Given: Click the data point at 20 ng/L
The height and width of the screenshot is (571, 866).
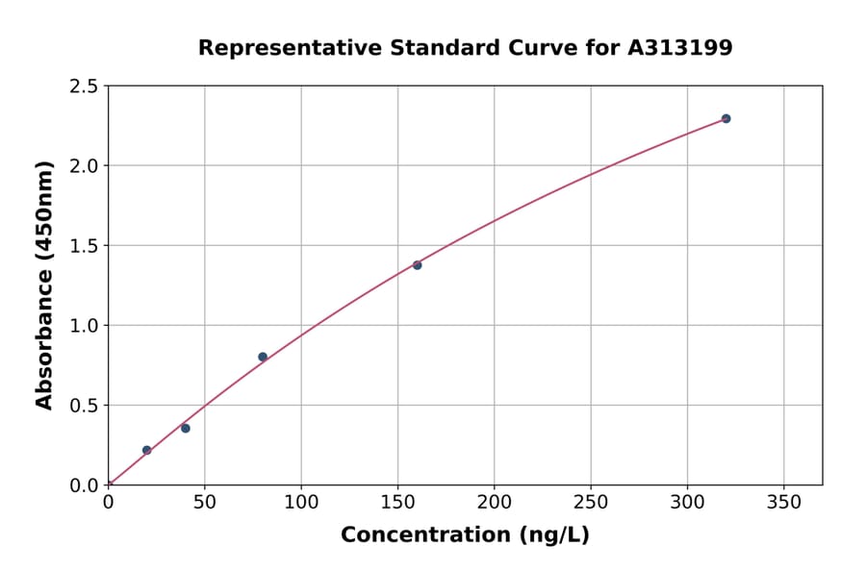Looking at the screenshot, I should pyautogui.click(x=147, y=450).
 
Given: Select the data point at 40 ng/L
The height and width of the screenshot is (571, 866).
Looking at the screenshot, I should pyautogui.click(x=186, y=428).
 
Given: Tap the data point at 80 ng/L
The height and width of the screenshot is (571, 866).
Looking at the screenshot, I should pyautogui.click(x=263, y=357).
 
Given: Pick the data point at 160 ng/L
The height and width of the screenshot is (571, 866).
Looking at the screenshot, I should pyautogui.click(x=418, y=265).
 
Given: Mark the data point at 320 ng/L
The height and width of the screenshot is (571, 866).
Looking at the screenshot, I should pyautogui.click(x=726, y=119).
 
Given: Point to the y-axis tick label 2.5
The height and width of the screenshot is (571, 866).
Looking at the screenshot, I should pyautogui.click(x=85, y=87).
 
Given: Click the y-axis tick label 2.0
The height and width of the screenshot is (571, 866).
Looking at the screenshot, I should pyautogui.click(x=85, y=166).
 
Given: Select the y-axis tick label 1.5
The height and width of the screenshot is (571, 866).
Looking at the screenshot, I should pyautogui.click(x=85, y=246).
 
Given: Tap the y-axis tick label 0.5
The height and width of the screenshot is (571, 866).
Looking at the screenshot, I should pyautogui.click(x=85, y=406).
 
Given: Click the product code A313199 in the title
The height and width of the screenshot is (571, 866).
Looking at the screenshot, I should pyautogui.click(x=680, y=48).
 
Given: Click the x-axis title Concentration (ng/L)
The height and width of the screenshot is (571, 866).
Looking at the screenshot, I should pyautogui.click(x=465, y=535).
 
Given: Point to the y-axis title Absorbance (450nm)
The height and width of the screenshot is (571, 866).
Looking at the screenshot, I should pyautogui.click(x=44, y=285).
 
